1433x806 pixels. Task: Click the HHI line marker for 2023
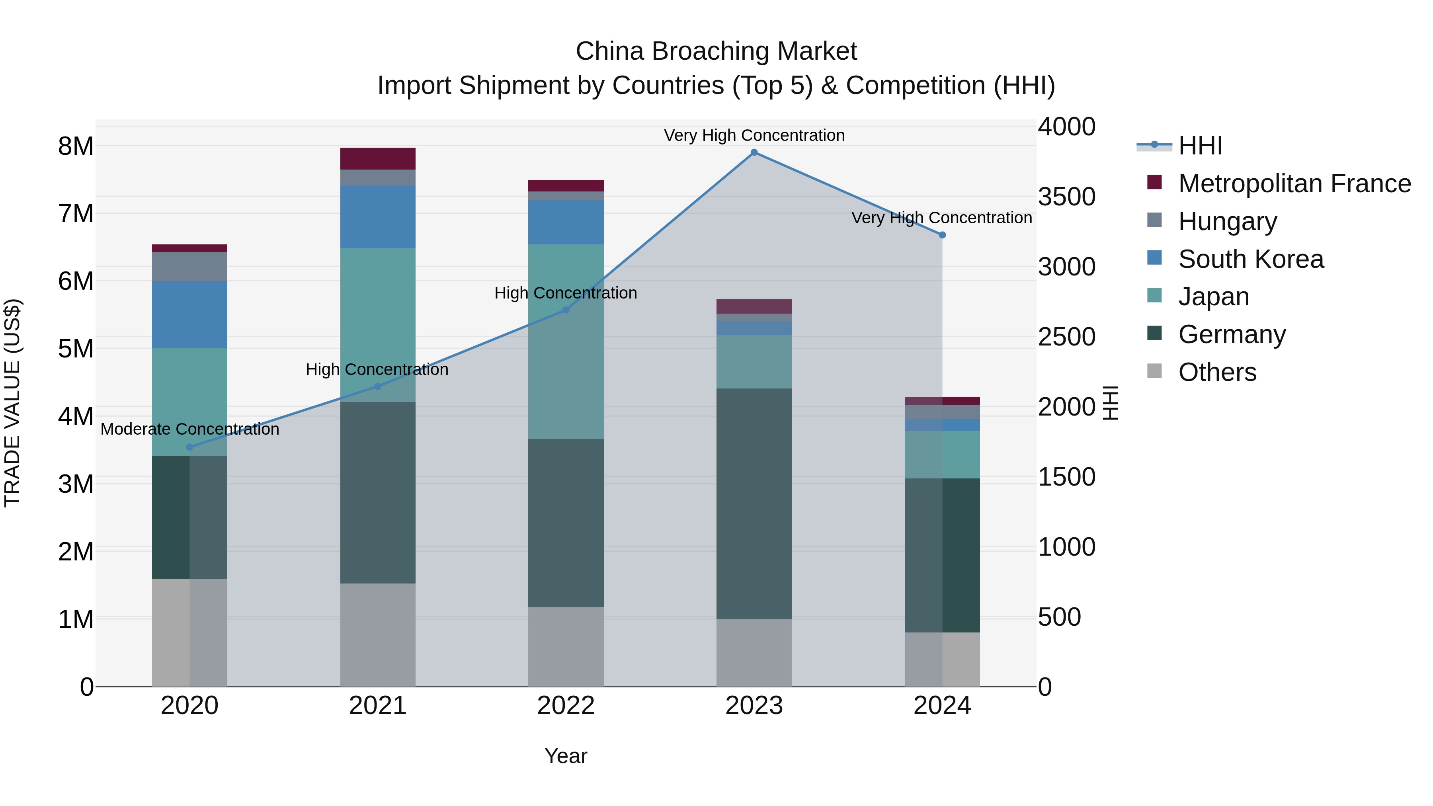pyautogui.click(x=754, y=152)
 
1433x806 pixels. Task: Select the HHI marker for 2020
pyautogui.click(x=190, y=447)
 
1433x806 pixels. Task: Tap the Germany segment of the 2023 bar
pyautogui.click(x=754, y=504)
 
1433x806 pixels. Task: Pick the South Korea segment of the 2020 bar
pyautogui.click(x=190, y=314)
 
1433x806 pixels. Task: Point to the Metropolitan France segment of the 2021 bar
pyautogui.click(x=378, y=158)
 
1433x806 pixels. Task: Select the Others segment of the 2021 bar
pyautogui.click(x=378, y=635)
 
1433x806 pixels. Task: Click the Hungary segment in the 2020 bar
pyautogui.click(x=190, y=266)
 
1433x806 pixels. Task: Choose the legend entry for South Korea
pyautogui.click(x=1251, y=259)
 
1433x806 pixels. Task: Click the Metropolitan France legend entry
pyautogui.click(x=1294, y=183)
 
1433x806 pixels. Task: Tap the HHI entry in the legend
pyautogui.click(x=1200, y=146)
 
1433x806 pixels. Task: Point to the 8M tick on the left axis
pyautogui.click(x=76, y=146)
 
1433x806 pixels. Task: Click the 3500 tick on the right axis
pyautogui.click(x=1066, y=197)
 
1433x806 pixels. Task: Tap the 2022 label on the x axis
pyautogui.click(x=566, y=706)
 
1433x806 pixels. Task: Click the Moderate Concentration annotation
pyautogui.click(x=190, y=429)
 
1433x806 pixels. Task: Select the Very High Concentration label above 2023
pyautogui.click(x=754, y=135)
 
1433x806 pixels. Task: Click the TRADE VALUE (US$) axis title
pyautogui.click(x=13, y=403)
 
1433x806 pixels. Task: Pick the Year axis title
pyautogui.click(x=566, y=756)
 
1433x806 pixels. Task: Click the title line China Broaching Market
pyautogui.click(x=716, y=51)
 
